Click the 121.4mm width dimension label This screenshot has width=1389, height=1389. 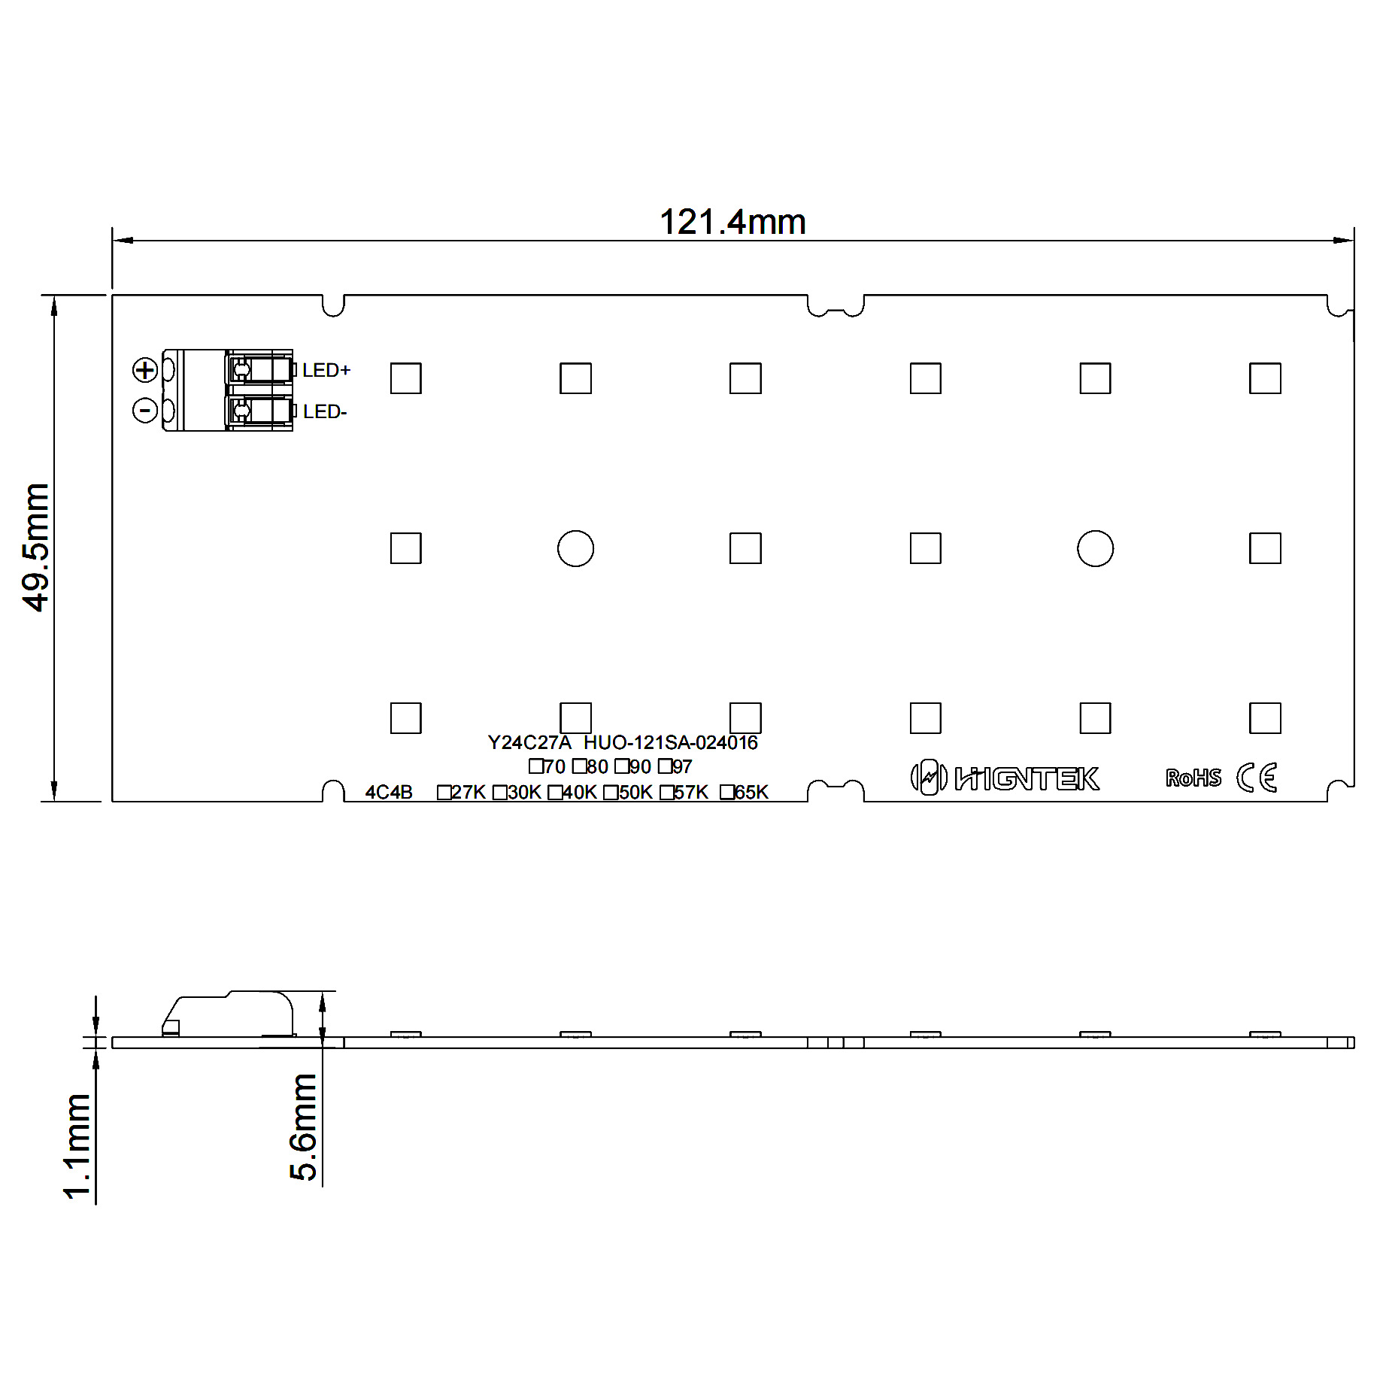click(x=732, y=223)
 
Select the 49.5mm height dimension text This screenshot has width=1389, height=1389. click(x=35, y=547)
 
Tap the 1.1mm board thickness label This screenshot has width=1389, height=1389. click(x=77, y=1146)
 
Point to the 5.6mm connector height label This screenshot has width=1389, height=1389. click(x=304, y=1127)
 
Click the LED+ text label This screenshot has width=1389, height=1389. click(x=326, y=370)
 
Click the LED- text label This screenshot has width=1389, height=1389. click(x=325, y=412)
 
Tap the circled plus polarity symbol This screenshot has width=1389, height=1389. click(x=144, y=370)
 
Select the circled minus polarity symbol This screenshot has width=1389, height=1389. click(x=144, y=410)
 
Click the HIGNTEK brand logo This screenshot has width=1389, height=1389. click(x=1005, y=778)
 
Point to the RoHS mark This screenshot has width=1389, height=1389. click(x=1193, y=778)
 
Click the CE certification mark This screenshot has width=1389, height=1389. click(x=1257, y=778)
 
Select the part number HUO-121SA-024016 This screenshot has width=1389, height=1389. click(x=671, y=743)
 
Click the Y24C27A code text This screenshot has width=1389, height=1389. click(x=529, y=743)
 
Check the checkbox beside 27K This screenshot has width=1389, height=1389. click(x=444, y=793)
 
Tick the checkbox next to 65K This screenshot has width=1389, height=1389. click(x=726, y=792)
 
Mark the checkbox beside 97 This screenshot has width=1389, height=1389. click(x=665, y=766)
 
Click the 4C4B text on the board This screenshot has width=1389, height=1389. click(x=389, y=793)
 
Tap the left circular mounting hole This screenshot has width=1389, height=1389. click(x=575, y=548)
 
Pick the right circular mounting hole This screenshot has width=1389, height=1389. click(x=1095, y=548)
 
